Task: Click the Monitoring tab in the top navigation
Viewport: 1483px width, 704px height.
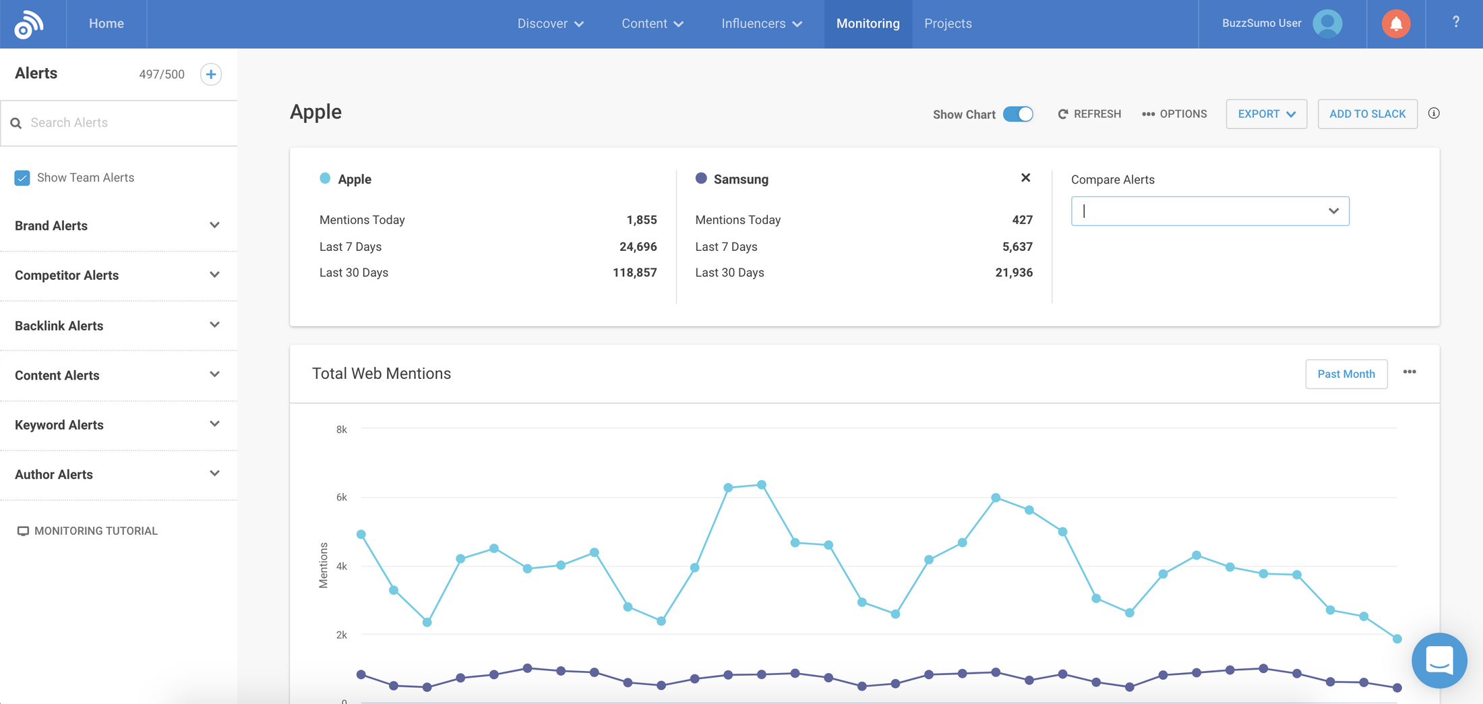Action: tap(868, 24)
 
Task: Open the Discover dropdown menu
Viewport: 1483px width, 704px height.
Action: tap(550, 24)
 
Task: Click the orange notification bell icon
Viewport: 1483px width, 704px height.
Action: tap(1395, 24)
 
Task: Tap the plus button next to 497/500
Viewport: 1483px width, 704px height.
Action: tap(211, 74)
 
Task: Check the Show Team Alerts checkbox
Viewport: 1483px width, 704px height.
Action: tap(22, 178)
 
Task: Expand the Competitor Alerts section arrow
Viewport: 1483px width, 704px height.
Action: tap(214, 275)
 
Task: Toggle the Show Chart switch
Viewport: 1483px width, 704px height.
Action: tap(1017, 114)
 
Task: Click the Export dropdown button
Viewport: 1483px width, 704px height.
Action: tap(1266, 114)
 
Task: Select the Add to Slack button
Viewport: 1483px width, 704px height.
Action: tap(1367, 114)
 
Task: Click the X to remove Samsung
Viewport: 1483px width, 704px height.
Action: tap(1025, 178)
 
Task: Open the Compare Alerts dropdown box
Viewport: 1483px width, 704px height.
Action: tap(1209, 211)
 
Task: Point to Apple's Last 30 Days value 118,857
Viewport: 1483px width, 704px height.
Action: tap(634, 273)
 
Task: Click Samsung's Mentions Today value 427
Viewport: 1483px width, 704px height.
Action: tap(1022, 220)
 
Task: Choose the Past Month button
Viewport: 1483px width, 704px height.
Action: tap(1345, 374)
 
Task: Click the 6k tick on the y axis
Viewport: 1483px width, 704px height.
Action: tap(342, 498)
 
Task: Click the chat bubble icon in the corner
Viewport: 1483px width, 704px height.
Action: tap(1439, 660)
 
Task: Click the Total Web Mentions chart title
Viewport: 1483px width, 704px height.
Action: tap(382, 374)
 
